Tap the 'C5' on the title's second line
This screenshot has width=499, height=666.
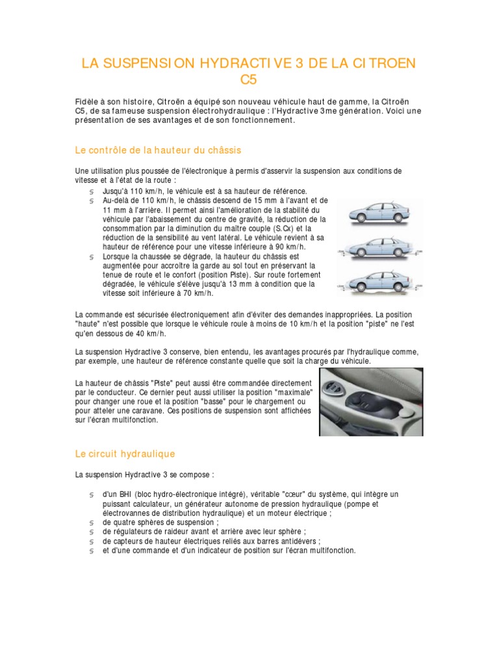coord(249,80)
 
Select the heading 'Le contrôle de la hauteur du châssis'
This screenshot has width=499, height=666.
coord(158,150)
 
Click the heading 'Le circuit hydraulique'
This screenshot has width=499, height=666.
coord(125,453)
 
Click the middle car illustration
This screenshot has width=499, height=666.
coord(377,248)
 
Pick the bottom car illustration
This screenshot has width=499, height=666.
coord(377,281)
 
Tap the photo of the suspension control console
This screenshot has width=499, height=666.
coord(371,402)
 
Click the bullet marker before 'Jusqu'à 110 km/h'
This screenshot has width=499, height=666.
coord(92,191)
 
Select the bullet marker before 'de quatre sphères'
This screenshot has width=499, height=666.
coord(92,522)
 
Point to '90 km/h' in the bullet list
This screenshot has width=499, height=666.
coord(289,247)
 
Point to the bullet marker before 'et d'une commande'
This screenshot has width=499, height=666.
coord(92,550)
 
